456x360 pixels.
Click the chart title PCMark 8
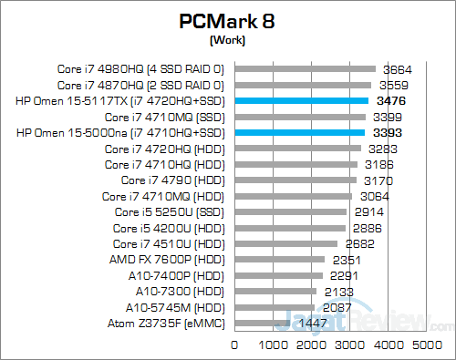tap(227, 21)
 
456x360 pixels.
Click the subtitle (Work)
tap(227, 41)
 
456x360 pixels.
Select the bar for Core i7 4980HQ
tap(306, 68)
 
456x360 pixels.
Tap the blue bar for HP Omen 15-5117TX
tap(302, 100)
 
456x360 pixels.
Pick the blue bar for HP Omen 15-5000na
tap(300, 132)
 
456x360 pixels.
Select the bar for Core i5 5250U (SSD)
tap(291, 211)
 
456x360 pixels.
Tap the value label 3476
tap(391, 101)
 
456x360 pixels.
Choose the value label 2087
tap(337, 307)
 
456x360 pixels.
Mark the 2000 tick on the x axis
tap(312, 345)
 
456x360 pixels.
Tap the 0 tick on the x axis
tap(235, 345)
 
